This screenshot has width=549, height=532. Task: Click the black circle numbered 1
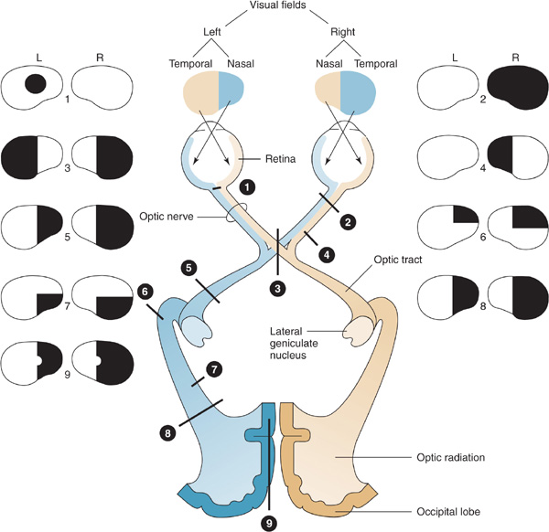(244, 186)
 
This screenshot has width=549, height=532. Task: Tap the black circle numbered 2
(349, 220)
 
